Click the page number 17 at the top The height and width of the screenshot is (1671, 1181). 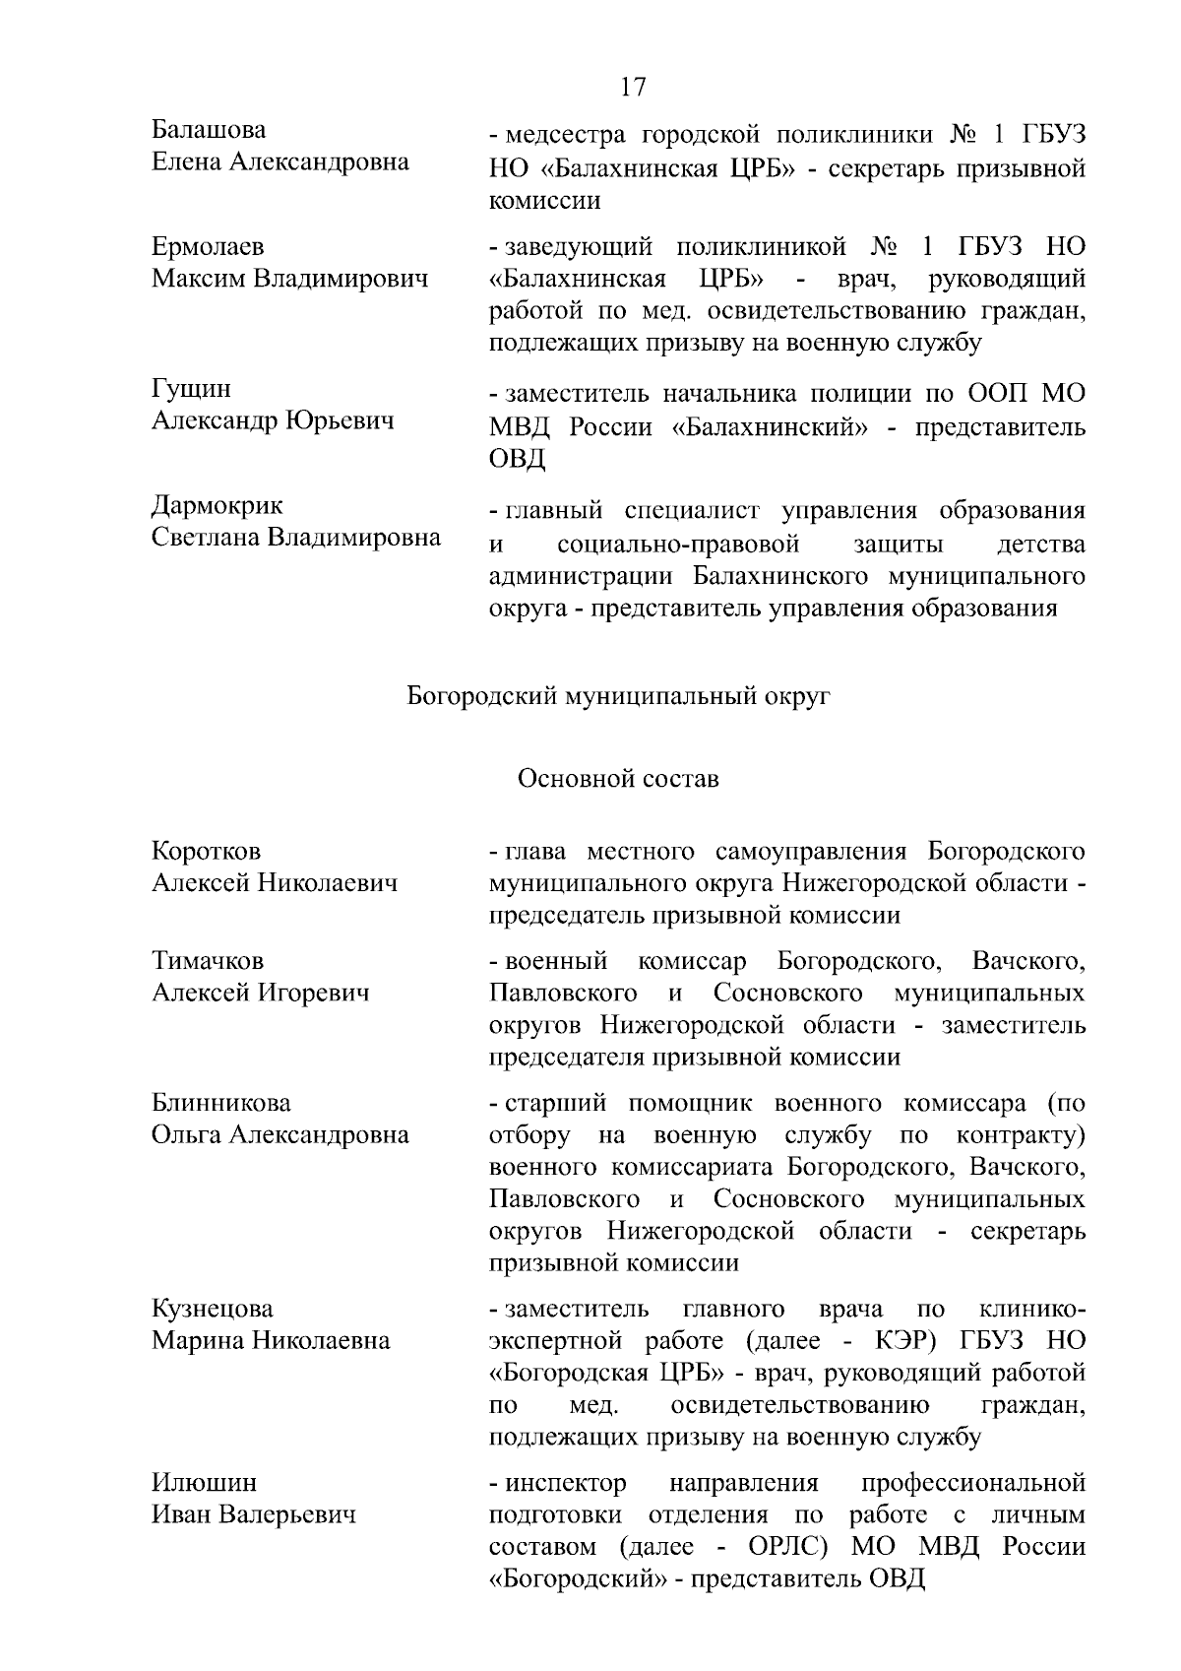633,87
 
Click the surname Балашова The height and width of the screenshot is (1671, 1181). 209,130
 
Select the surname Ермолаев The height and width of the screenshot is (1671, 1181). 208,247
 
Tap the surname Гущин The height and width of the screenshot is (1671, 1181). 192,389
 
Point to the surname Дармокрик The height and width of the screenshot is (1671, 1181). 217,505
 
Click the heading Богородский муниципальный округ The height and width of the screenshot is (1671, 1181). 618,697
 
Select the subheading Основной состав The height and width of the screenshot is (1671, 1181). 618,779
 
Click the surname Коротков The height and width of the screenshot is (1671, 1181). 206,851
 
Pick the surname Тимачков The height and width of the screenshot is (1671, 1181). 208,960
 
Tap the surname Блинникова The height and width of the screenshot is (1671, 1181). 221,1102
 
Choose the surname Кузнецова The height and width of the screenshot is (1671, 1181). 212,1309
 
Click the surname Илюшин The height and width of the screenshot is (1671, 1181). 204,1482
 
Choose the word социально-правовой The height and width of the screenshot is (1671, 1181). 678,544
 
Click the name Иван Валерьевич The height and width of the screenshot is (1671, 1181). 253,1514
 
